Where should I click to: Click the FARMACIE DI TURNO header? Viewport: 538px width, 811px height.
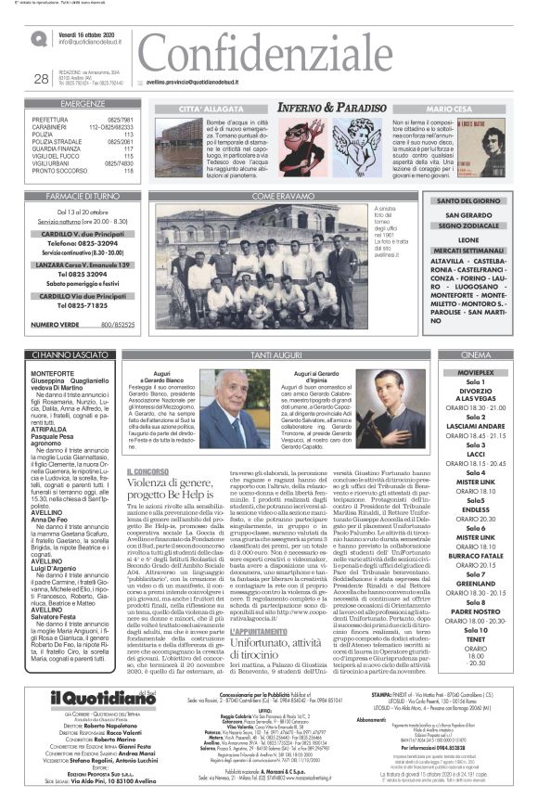pos(83,196)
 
